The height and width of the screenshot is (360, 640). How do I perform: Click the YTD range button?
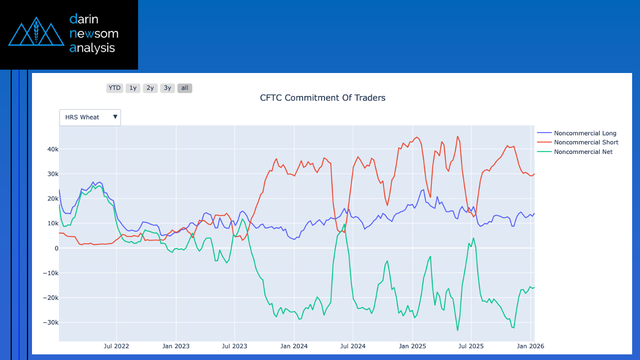click(x=115, y=88)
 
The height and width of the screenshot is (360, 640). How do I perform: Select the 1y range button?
click(x=132, y=88)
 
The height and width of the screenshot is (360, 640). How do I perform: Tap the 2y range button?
click(x=150, y=88)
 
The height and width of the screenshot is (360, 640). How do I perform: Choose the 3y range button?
click(x=167, y=88)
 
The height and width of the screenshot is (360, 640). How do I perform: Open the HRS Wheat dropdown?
click(x=90, y=117)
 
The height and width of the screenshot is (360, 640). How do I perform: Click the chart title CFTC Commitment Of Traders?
click(x=322, y=98)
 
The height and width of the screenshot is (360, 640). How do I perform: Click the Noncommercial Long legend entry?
click(x=584, y=134)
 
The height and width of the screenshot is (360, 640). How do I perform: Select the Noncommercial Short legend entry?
click(x=586, y=143)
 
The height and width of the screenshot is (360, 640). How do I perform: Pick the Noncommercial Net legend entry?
click(x=583, y=152)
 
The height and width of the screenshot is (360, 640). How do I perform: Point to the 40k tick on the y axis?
click(x=52, y=149)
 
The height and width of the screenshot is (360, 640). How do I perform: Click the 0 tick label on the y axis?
click(x=56, y=248)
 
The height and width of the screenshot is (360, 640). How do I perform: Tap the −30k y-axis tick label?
click(x=51, y=322)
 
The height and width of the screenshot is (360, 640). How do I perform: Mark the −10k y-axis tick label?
click(x=51, y=273)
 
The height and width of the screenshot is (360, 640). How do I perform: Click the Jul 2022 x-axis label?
click(x=117, y=346)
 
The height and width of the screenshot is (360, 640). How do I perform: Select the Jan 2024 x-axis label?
click(x=294, y=346)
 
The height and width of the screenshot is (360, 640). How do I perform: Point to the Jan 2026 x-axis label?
click(x=530, y=346)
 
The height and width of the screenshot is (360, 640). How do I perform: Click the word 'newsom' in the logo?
click(x=93, y=33)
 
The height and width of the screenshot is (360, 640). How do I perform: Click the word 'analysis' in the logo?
click(x=92, y=48)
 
